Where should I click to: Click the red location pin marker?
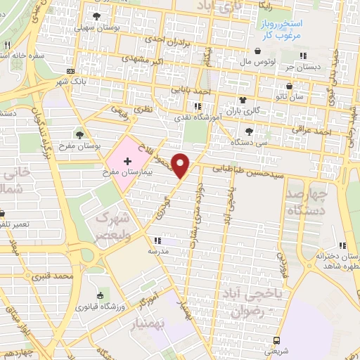tap(181, 165)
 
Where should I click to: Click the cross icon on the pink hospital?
tap(127, 162)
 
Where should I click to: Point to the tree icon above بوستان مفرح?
tap(79, 134)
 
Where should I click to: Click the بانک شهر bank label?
tap(70, 82)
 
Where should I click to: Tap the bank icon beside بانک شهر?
tap(70, 71)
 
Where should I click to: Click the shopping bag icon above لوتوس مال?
tap(257, 51)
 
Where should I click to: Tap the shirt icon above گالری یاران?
tap(243, 99)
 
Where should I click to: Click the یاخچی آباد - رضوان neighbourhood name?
tap(250, 300)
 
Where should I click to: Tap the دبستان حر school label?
tap(302, 67)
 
